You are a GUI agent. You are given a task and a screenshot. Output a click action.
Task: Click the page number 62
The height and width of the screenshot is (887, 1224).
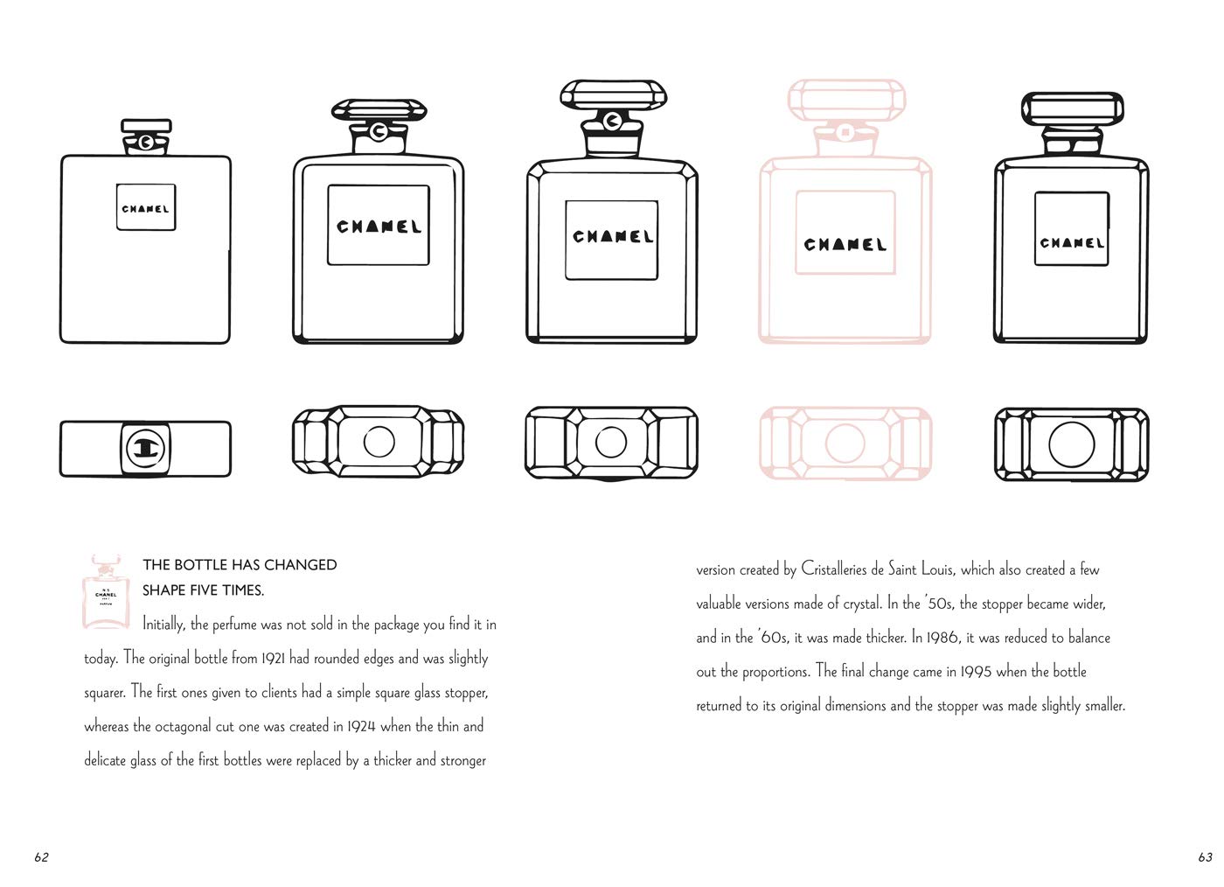coord(42,857)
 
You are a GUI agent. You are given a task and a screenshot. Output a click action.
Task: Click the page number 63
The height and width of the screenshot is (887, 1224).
coord(1205,857)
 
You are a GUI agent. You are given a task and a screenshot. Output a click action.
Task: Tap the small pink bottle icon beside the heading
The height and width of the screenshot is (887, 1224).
coord(106,591)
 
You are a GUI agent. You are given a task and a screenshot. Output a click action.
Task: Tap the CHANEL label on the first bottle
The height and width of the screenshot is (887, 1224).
coord(146,207)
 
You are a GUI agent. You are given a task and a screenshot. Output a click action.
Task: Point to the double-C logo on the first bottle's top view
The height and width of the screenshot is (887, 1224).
coord(145,449)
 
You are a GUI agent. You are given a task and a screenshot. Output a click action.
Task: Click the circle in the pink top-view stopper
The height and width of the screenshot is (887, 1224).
coord(845,443)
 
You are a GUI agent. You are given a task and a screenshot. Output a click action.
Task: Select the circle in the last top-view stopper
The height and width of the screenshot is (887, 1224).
coord(1072,444)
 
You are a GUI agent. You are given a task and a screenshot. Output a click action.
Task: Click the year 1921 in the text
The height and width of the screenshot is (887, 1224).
coord(273,658)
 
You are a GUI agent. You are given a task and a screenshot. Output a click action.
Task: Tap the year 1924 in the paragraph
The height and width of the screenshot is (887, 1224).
coord(361,726)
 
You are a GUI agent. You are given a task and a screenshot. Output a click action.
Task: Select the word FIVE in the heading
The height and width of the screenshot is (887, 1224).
coord(205,590)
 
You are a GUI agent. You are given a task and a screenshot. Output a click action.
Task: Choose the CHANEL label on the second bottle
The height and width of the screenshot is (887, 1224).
coord(379,226)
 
